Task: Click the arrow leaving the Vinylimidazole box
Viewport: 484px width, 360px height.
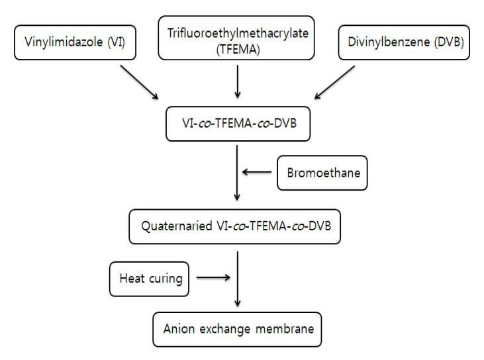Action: point(139,82)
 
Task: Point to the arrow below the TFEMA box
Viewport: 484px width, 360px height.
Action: point(238,81)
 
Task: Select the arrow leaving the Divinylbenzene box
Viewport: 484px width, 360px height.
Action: point(334,82)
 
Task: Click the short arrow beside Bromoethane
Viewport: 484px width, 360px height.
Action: point(257,172)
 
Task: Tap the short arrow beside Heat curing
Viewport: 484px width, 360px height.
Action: point(214,278)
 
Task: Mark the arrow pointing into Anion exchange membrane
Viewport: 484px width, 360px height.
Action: point(238,279)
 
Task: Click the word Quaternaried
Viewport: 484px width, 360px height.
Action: point(177,226)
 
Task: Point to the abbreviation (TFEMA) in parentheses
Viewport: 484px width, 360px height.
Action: point(238,50)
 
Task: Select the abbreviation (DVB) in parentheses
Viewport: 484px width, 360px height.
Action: point(449,42)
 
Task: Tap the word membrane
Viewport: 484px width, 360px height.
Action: point(285,329)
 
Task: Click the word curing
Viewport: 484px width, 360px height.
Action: point(166,279)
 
